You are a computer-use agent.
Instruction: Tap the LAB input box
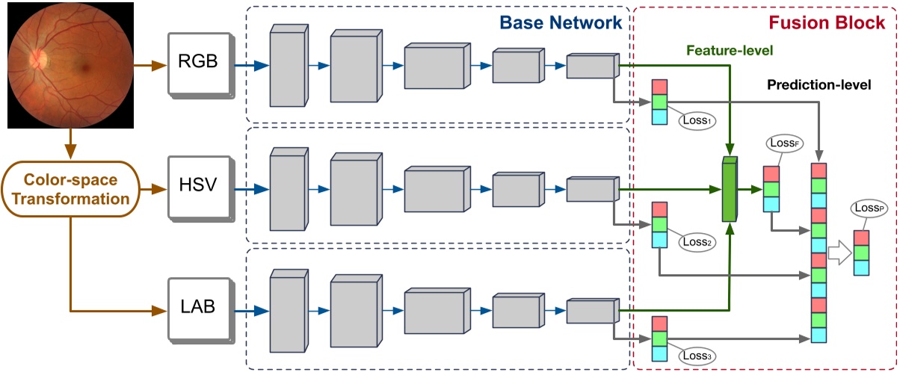pyautogui.click(x=197, y=307)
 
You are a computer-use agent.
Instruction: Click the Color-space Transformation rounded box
pyautogui.click(x=69, y=190)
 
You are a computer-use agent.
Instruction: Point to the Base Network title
pyautogui.click(x=570, y=22)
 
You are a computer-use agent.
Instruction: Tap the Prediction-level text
pyautogui.click(x=819, y=85)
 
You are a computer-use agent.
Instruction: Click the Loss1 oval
pyautogui.click(x=696, y=118)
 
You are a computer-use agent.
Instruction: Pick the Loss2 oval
pyautogui.click(x=696, y=241)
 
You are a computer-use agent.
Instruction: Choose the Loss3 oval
pyautogui.click(x=696, y=356)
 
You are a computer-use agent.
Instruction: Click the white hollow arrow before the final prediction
pyautogui.click(x=839, y=254)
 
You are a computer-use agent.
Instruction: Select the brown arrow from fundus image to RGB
pyautogui.click(x=149, y=65)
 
